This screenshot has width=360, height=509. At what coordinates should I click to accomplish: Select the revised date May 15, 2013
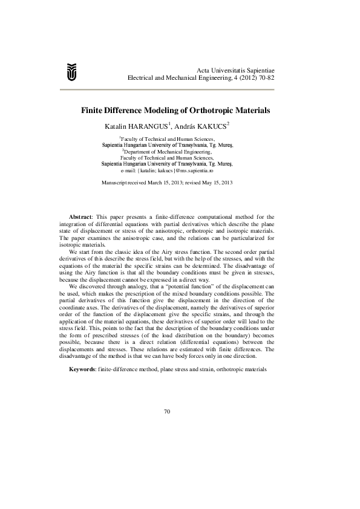pos(217,182)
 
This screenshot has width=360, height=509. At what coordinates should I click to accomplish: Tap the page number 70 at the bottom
pos(168,412)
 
